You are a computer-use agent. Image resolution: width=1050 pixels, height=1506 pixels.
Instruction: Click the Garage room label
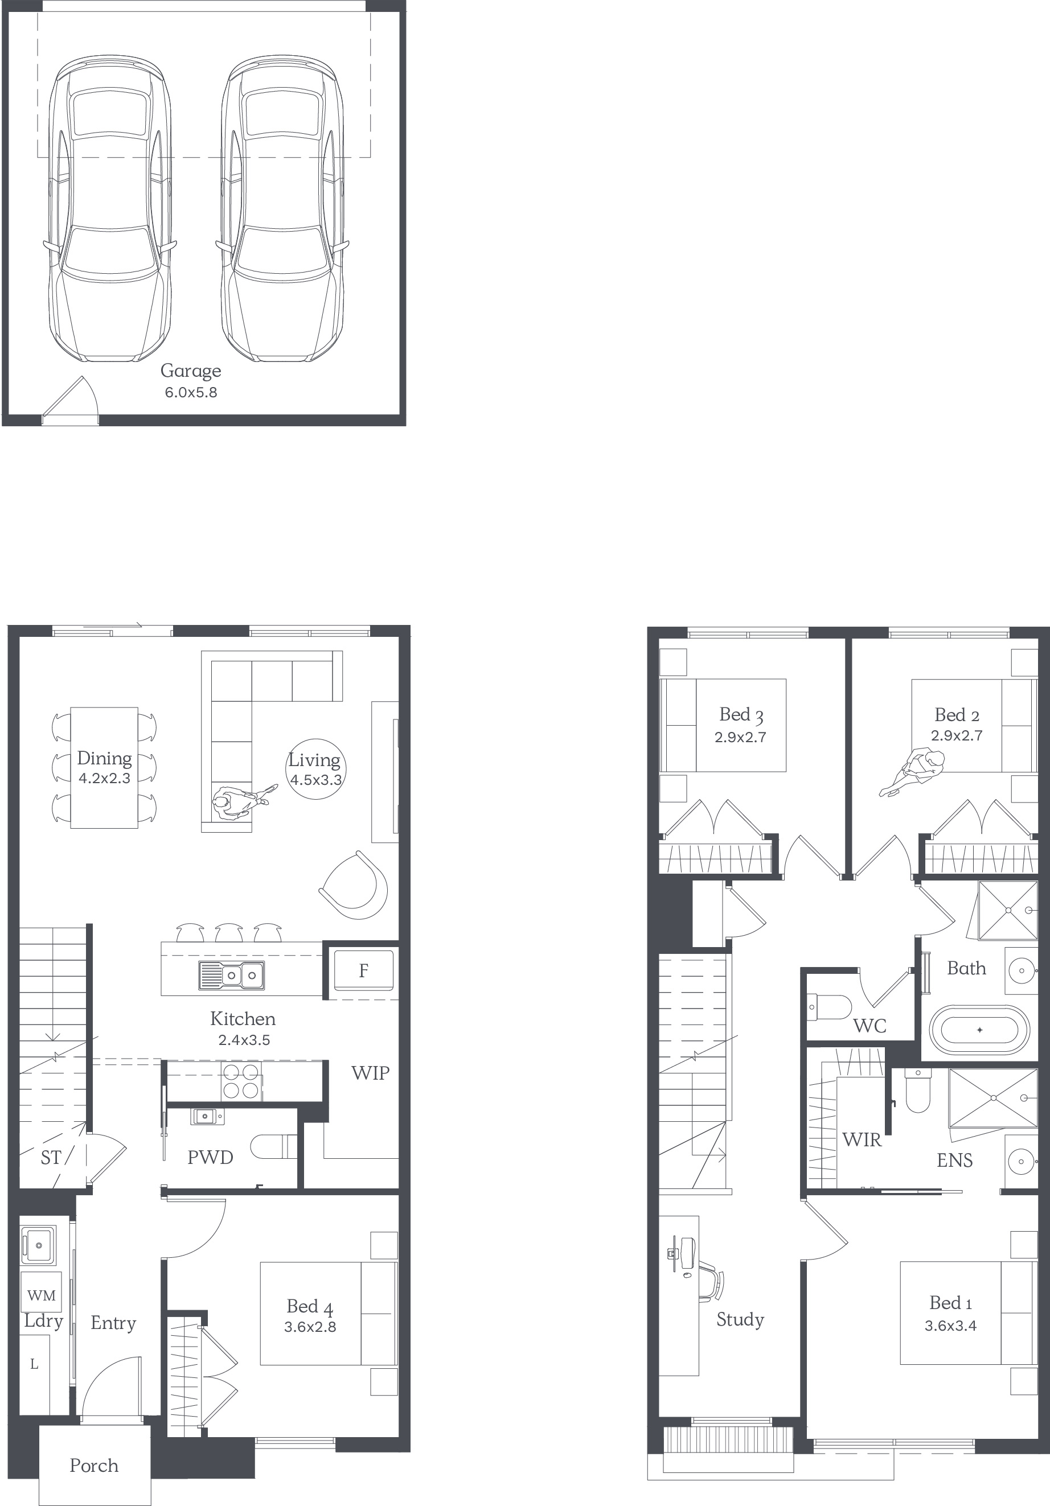pos(191,371)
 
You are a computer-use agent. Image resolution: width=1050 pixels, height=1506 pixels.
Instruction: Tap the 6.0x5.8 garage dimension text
pos(191,393)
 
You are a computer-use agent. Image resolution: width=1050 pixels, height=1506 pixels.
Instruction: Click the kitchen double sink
pos(232,976)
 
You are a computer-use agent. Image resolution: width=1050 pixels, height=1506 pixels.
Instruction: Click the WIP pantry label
pos(370,1073)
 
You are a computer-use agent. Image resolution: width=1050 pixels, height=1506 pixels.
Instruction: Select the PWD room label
pos(210,1158)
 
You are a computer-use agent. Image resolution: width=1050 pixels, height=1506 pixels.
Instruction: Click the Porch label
pos(95,1466)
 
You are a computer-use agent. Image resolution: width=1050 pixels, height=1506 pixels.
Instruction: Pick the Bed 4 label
pos(310,1307)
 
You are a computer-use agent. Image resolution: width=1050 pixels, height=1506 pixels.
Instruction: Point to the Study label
pos(740,1320)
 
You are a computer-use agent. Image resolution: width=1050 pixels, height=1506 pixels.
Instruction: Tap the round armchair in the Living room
pos(354,886)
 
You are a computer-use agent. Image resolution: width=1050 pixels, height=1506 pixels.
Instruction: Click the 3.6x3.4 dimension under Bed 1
pos(950,1326)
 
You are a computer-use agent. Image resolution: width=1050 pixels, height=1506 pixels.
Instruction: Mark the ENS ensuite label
pos(955,1161)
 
